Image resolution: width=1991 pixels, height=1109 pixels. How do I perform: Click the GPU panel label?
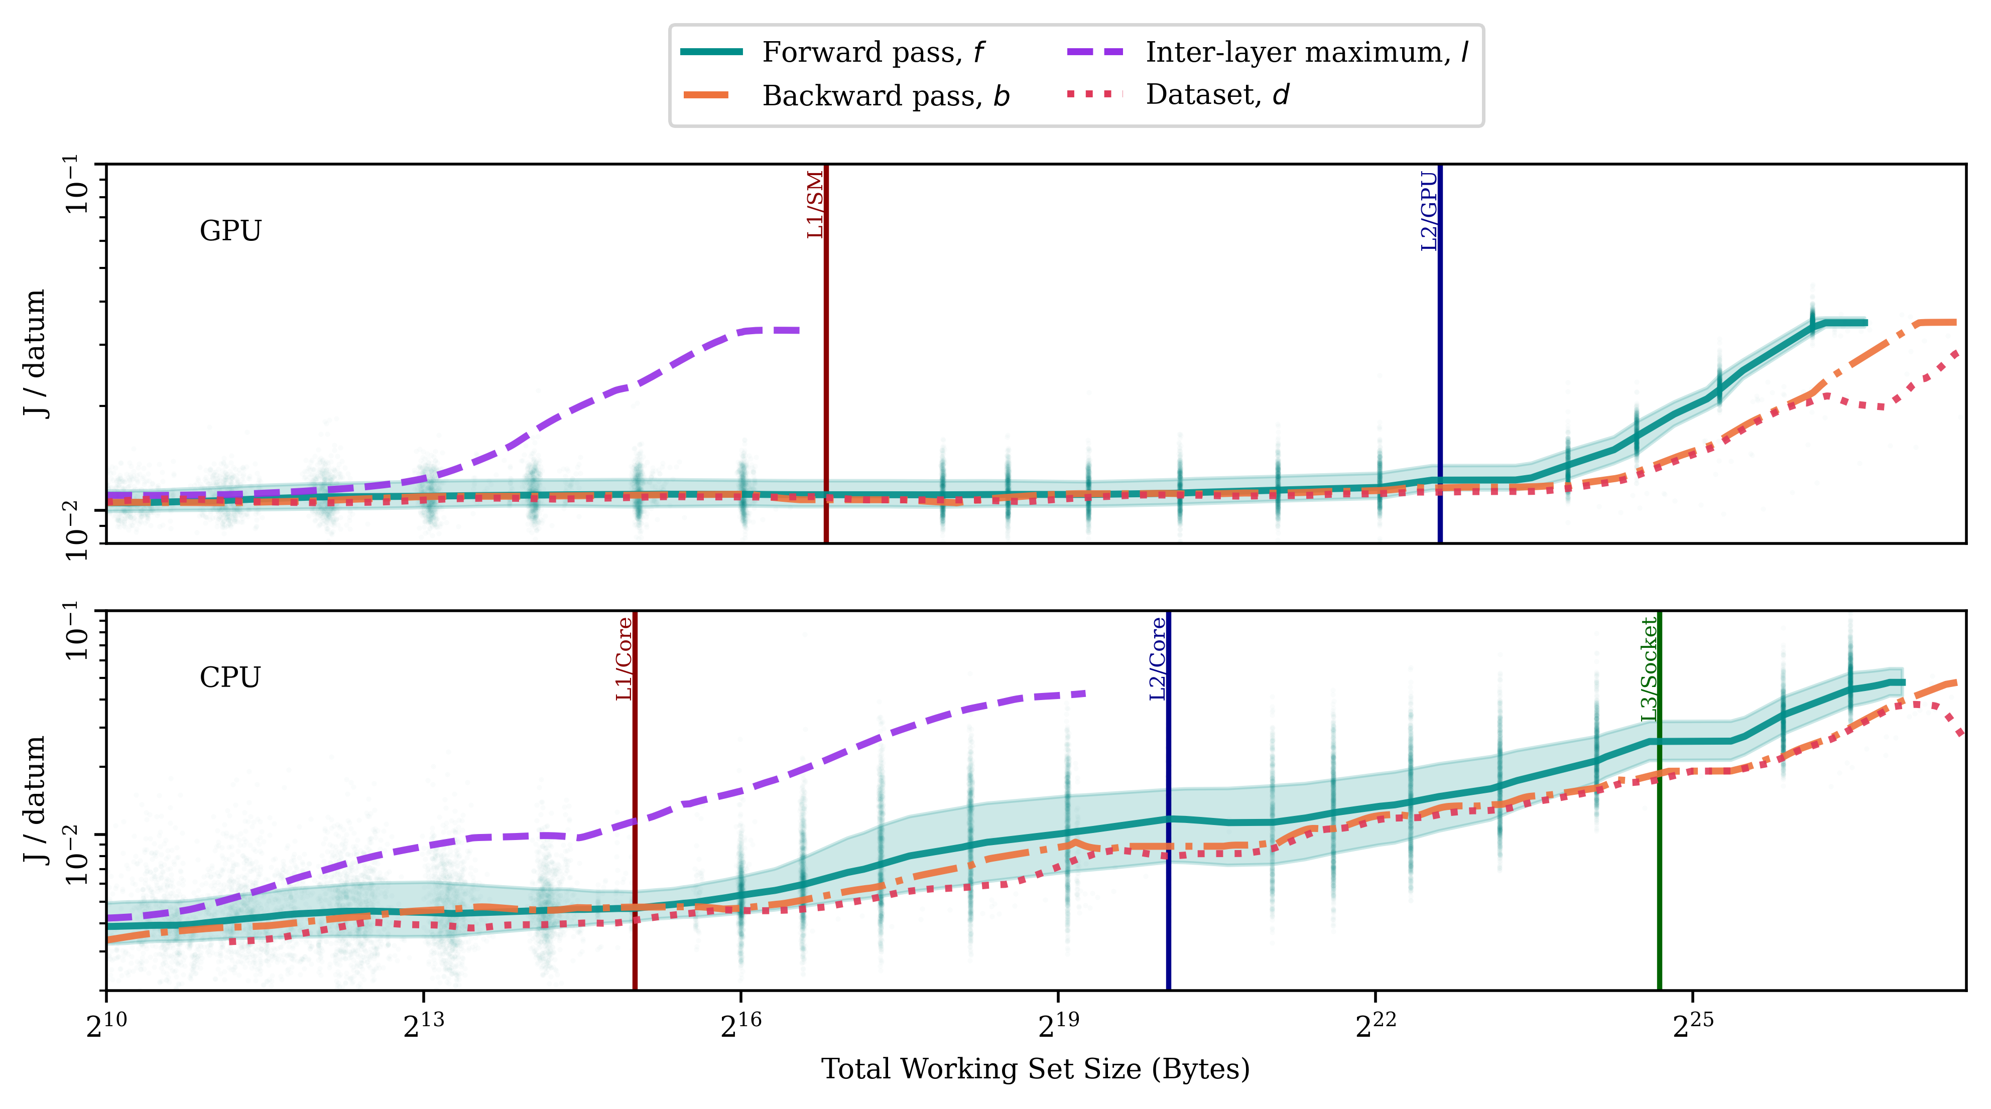[x=230, y=231]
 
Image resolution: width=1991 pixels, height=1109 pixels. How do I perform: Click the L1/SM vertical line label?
[x=815, y=205]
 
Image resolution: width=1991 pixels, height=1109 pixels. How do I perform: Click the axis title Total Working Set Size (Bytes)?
[x=1035, y=1069]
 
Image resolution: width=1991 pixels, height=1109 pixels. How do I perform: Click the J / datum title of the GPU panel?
[x=34, y=353]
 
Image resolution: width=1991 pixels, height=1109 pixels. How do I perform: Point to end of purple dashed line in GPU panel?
[x=798, y=331]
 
